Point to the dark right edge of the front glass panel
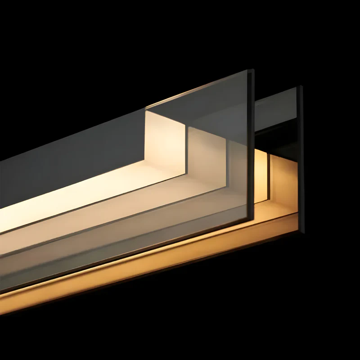(x=251, y=148)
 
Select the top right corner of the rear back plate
(x=301, y=86)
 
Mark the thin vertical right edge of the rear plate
(x=301, y=157)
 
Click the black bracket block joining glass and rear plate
(x=277, y=139)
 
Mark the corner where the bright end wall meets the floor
(x=146, y=164)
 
